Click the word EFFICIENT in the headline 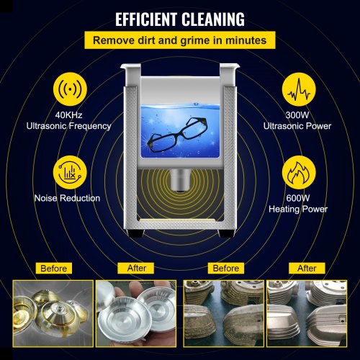tap(146, 19)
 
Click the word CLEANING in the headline tap(213, 19)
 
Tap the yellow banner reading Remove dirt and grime tap(180, 40)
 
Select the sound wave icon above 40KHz tap(70, 89)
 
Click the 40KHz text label tap(68, 115)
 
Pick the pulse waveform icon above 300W tap(299, 89)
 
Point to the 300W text tap(297, 115)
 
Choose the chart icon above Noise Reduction tap(70, 172)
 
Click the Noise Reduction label tap(67, 198)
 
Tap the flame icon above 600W tap(299, 172)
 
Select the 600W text tap(298, 198)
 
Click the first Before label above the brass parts tap(54, 269)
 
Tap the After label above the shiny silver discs tap(137, 268)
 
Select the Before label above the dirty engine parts tap(226, 268)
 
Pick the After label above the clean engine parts tap(307, 268)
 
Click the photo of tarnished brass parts tap(53, 313)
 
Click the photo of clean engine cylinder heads tap(307, 313)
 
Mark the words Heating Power tap(298, 209)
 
